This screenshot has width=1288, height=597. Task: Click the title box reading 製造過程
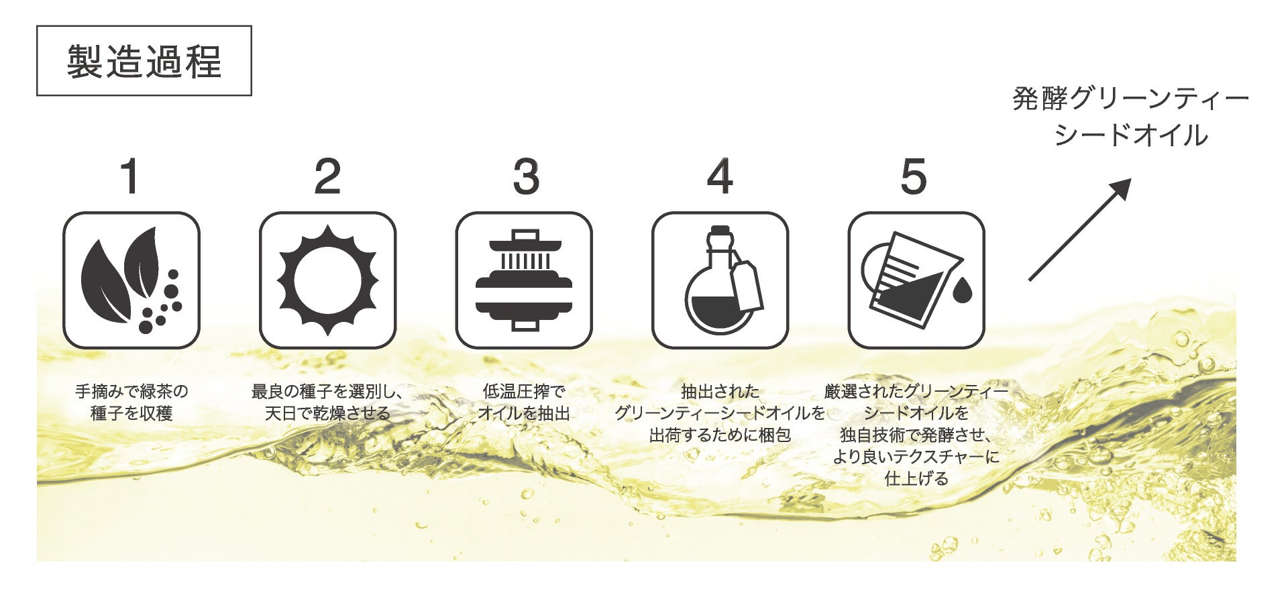click(144, 61)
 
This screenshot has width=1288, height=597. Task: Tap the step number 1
click(130, 177)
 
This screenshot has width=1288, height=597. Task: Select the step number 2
click(327, 177)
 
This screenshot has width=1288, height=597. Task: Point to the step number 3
click(526, 177)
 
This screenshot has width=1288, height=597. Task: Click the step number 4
click(720, 177)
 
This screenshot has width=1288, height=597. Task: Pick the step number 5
click(914, 177)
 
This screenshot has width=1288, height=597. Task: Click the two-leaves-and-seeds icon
click(131, 280)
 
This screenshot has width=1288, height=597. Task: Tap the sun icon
click(327, 280)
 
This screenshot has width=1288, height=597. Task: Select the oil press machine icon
click(524, 280)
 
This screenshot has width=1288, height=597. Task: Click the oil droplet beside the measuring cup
click(963, 290)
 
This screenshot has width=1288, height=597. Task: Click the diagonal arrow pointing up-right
click(1080, 229)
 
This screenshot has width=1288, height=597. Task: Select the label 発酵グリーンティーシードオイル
click(1131, 117)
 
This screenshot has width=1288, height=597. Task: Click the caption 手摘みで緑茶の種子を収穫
click(131, 402)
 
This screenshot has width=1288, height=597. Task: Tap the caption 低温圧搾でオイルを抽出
click(524, 402)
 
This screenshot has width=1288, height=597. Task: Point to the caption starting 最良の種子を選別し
click(327, 402)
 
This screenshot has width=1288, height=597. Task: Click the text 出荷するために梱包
click(720, 435)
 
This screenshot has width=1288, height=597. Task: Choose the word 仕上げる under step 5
click(916, 478)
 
